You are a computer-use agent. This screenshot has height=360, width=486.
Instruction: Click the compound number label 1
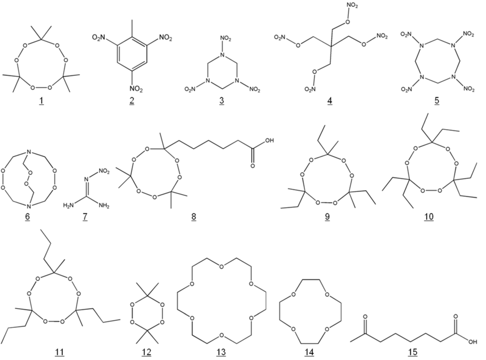(41, 101)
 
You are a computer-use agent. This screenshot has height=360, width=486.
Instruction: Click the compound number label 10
(430, 217)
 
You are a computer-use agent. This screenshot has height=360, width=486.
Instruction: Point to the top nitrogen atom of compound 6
(29, 152)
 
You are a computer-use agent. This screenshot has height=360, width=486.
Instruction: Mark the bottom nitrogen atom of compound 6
(29, 206)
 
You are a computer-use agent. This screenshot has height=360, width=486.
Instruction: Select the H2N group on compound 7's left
(69, 205)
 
